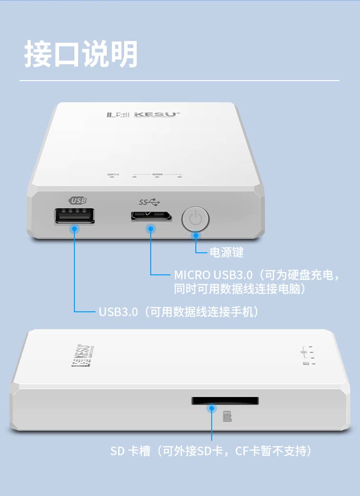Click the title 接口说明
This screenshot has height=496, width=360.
81,54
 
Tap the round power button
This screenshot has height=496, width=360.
195,219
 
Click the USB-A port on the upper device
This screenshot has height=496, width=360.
75,216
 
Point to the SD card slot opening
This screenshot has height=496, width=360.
225,401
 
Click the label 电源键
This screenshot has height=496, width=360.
227,252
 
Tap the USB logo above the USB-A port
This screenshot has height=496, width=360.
78,200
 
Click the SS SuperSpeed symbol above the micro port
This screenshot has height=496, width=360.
149,202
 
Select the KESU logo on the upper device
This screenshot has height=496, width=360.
144,114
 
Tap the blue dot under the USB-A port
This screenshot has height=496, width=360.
74,228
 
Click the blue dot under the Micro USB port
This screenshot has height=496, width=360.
151,228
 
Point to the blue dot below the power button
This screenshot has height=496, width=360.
196,236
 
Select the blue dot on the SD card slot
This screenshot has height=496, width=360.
212,408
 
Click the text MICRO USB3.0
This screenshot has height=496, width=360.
214,275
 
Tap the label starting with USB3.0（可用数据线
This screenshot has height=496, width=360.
179,312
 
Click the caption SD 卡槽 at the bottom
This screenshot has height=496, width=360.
130,451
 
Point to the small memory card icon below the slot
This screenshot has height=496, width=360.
228,416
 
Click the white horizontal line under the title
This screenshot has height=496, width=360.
180,81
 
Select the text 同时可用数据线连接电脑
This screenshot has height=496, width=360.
237,288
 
